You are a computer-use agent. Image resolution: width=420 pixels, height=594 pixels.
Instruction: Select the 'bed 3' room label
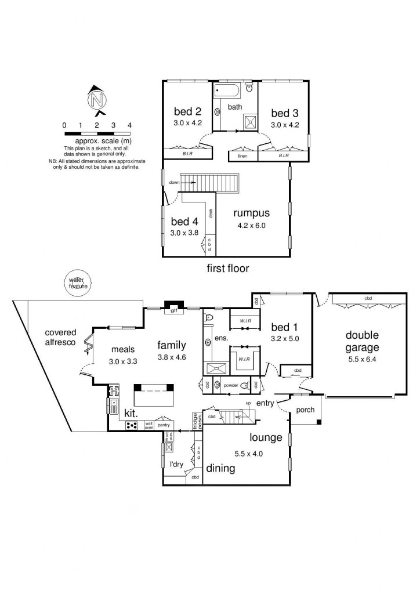(284, 113)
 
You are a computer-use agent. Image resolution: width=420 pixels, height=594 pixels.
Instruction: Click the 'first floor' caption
(228, 269)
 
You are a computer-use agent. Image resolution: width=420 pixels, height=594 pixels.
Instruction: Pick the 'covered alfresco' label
(64, 338)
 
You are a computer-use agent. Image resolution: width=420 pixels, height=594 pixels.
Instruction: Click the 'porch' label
(305, 410)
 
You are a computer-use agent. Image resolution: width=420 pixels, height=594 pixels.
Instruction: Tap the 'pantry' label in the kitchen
(164, 425)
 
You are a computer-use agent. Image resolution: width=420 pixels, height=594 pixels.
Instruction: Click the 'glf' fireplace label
(173, 311)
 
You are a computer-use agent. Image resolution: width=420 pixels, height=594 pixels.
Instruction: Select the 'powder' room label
(231, 385)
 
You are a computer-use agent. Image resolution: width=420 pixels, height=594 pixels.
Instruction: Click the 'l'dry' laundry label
(176, 464)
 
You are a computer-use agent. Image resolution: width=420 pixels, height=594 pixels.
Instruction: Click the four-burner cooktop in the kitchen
(132, 425)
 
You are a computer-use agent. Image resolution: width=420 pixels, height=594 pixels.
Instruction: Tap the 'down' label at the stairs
(174, 182)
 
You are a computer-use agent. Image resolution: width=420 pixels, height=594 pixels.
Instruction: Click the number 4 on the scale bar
(129, 125)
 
